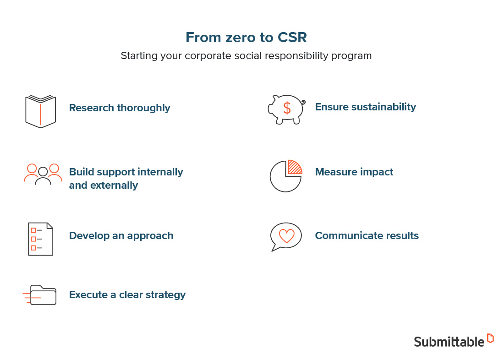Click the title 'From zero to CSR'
(x=246, y=38)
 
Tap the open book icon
(x=40, y=111)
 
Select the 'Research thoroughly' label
(x=120, y=108)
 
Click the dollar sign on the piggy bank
(x=287, y=108)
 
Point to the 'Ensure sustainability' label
(x=365, y=107)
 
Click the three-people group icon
(x=43, y=174)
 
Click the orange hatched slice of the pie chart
(x=294, y=168)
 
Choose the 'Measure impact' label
(x=354, y=172)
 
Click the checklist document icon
(x=40, y=239)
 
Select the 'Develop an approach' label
(x=121, y=236)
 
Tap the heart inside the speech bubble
(x=286, y=236)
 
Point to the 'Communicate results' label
(x=367, y=236)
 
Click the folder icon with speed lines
(x=41, y=295)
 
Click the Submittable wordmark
(x=449, y=342)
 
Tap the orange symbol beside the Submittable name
(x=490, y=338)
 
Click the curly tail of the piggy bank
(x=303, y=103)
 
